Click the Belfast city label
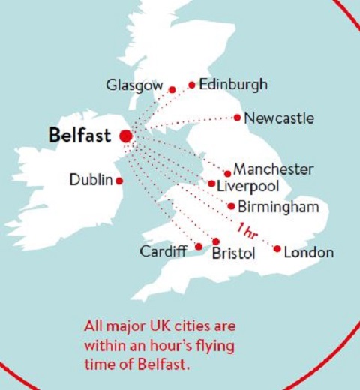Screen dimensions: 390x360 point(79,136)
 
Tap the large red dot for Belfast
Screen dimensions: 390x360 point(125,136)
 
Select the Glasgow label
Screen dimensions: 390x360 point(133,86)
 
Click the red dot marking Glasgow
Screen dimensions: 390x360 point(172,89)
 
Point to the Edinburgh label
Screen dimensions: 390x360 point(232,85)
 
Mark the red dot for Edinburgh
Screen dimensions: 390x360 point(192,85)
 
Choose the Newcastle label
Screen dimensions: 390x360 point(279,118)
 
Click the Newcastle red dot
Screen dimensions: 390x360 point(238,117)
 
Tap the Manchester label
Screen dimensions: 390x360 point(273,169)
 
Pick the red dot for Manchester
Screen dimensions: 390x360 point(228,174)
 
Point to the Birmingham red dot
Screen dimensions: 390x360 point(231,206)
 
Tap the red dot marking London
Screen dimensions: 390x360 point(277,249)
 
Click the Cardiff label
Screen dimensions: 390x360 point(163,251)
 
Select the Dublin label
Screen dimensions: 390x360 point(90,180)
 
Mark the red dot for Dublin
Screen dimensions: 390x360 point(119,181)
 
